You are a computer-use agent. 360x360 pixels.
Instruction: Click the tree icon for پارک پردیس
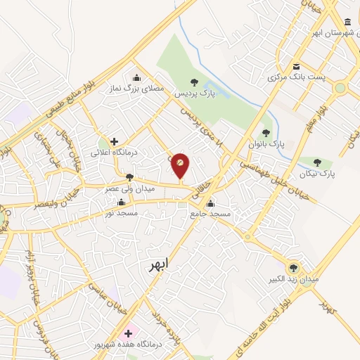pos(194,82)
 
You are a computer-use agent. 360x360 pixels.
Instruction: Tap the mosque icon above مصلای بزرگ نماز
pos(136,77)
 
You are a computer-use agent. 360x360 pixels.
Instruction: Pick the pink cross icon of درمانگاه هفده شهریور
pos(128,333)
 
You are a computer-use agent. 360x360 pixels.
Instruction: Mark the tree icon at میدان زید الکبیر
pos(293,267)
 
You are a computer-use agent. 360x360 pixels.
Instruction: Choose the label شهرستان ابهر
pos(331,33)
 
